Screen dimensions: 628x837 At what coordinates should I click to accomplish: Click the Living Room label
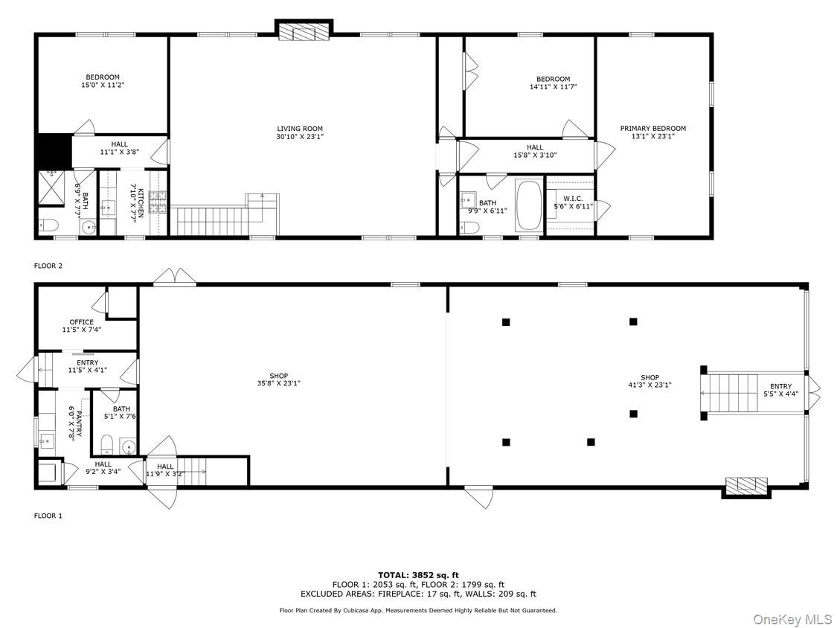click(300, 129)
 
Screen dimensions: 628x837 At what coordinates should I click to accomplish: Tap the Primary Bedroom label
click(652, 129)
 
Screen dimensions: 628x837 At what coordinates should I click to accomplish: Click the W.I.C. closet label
click(573, 198)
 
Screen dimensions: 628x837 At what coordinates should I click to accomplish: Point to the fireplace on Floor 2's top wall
click(304, 32)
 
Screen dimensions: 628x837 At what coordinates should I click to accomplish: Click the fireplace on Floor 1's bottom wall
click(745, 486)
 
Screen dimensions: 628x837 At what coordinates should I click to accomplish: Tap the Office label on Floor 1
click(82, 322)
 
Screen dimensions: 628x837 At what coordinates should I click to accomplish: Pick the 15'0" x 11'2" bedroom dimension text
click(102, 86)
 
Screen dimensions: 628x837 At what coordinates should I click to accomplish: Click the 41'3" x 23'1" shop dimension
click(650, 385)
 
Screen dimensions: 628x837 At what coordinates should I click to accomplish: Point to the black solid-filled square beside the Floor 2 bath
click(53, 151)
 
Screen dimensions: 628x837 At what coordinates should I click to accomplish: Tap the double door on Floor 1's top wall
click(175, 278)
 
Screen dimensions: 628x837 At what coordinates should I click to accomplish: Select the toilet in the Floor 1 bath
click(106, 446)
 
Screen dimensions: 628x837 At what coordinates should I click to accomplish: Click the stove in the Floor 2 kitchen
click(158, 202)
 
